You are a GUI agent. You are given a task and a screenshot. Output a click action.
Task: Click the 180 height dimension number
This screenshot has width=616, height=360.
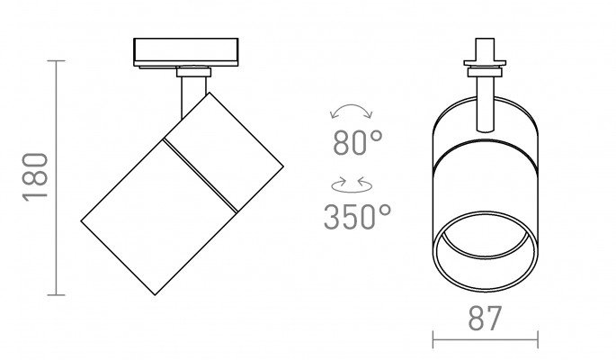35,177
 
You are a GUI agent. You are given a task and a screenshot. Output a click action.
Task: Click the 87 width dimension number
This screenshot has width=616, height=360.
486,318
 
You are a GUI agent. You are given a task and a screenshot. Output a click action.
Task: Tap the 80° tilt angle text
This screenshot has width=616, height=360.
358,142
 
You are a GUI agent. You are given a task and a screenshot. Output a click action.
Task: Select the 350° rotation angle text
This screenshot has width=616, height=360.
358,217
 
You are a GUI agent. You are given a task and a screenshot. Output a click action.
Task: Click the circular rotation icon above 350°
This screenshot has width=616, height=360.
352,185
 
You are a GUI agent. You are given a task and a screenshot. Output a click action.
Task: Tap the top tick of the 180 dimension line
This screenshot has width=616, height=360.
56,61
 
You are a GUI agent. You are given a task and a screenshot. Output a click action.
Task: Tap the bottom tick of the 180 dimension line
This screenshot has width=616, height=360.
56,294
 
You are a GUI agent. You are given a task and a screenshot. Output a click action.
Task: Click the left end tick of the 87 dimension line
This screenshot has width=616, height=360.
433,339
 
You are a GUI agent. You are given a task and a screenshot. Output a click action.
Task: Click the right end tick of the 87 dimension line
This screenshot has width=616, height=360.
538,339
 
